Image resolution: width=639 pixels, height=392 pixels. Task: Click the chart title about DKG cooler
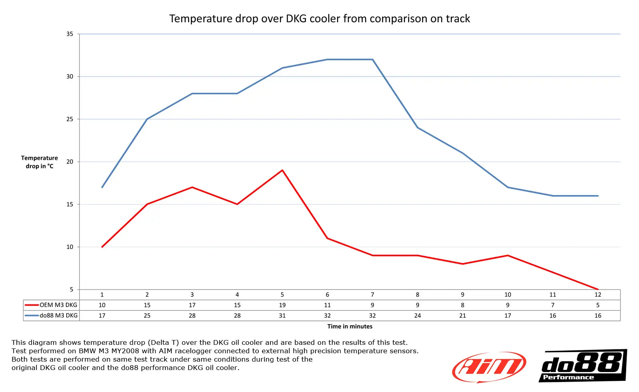(319, 19)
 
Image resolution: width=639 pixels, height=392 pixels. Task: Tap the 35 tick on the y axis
(70, 34)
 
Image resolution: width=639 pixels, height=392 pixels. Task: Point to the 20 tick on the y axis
(70, 162)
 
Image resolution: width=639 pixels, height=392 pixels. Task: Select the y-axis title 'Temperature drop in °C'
(40, 162)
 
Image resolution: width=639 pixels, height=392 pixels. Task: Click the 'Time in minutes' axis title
(350, 326)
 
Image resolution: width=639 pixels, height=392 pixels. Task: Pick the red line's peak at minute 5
(282, 170)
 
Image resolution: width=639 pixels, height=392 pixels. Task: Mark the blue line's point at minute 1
(102, 187)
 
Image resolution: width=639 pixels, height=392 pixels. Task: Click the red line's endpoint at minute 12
(598, 289)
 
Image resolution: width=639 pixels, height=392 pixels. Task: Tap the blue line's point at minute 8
(418, 127)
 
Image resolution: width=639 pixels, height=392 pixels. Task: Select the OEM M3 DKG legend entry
(52, 305)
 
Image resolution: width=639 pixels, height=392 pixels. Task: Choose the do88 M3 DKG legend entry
(52, 316)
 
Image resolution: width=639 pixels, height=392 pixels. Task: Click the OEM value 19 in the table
(282, 305)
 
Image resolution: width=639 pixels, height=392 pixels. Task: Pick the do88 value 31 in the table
(282, 316)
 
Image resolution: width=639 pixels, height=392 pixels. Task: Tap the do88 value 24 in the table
(418, 316)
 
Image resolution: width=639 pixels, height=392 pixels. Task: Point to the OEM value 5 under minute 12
(598, 305)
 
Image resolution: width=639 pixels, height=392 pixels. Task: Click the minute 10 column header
(508, 294)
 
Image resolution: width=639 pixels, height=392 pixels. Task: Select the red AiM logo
(489, 367)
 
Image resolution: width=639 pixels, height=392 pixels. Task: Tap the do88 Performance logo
(583, 366)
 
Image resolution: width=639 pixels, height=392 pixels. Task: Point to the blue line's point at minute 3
(192, 94)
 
